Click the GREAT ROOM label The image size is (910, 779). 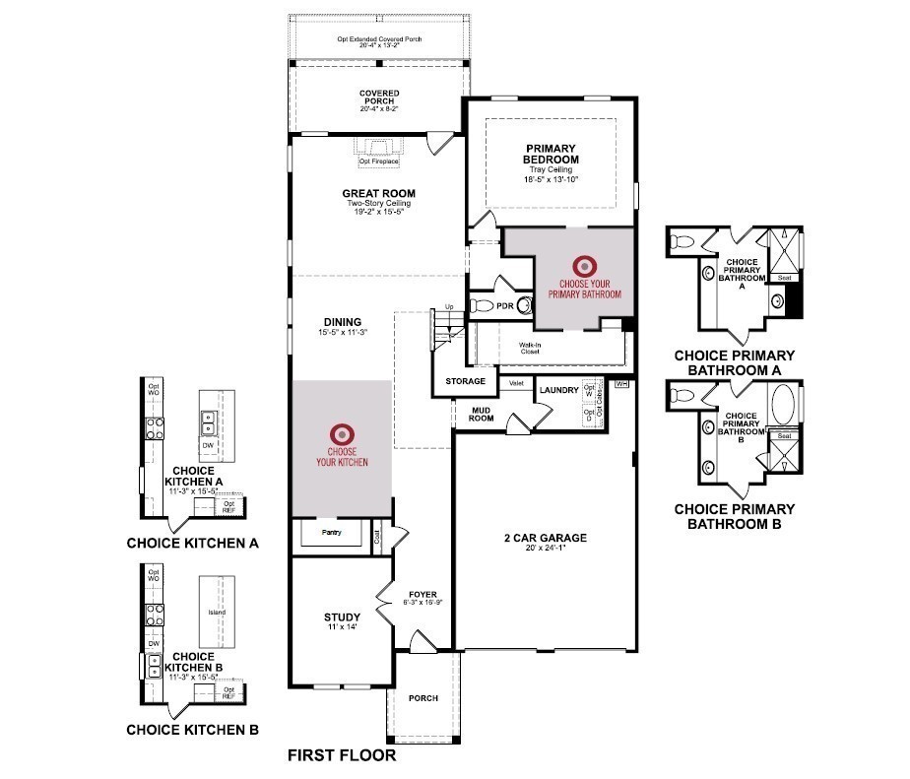coord(378,193)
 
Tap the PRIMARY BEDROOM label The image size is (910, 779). coord(552,154)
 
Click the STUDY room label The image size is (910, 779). coord(335,618)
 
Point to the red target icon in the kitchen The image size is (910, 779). coord(342,432)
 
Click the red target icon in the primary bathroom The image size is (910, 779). coord(585,265)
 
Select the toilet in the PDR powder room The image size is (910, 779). coord(480,306)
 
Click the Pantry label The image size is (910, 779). coord(331,533)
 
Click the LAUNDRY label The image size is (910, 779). coord(558,390)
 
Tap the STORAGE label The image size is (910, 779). coord(465,381)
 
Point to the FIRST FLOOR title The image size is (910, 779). coord(341,756)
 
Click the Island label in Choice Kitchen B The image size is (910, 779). coord(217,613)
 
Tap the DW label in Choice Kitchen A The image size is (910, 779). coord(208,445)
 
